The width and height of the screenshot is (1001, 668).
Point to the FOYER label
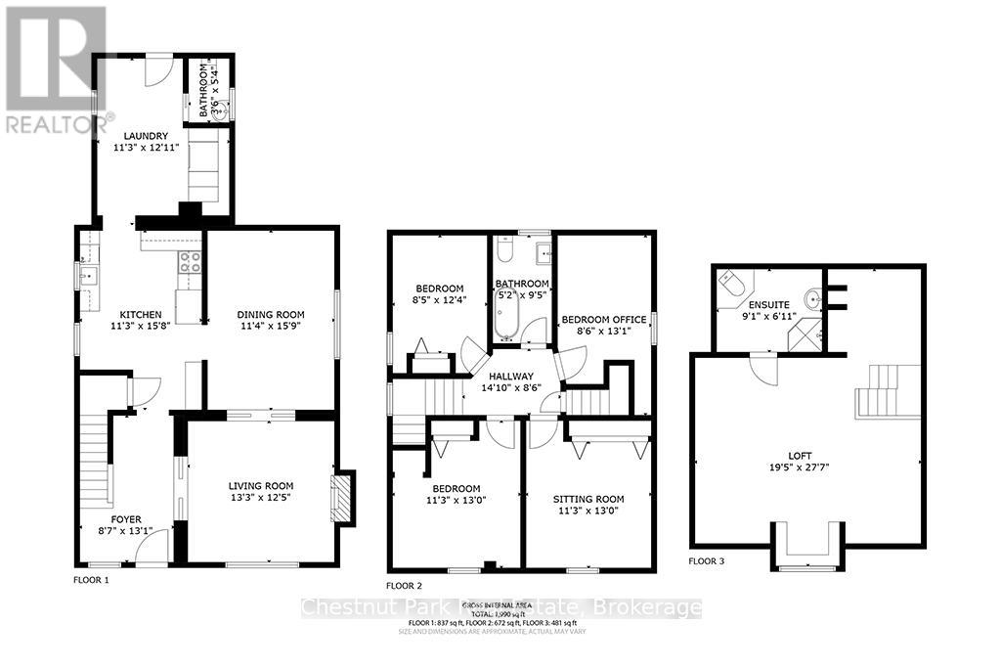pos(126,519)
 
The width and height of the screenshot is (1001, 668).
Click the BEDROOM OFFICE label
pos(602,320)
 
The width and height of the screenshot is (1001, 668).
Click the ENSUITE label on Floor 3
pos(768,303)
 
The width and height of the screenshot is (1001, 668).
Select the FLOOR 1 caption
pos(92,580)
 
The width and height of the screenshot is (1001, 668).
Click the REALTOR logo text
pos(60,124)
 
